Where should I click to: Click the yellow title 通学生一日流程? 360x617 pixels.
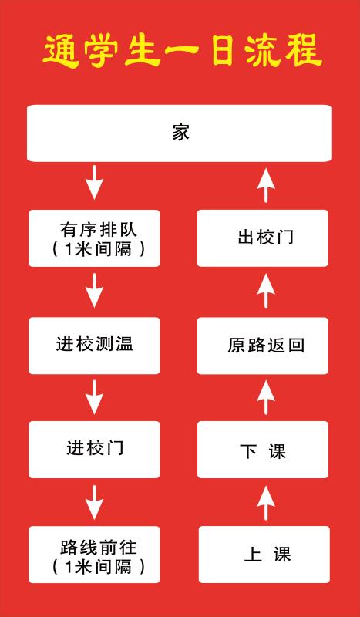tap(182, 51)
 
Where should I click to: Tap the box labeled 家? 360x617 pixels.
tap(180, 133)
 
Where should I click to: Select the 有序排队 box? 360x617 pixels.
tap(94, 238)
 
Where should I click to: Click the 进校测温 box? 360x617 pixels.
tap(94, 346)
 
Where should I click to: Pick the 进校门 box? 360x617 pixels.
tap(94, 450)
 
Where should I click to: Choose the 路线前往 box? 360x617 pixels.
tap(94, 555)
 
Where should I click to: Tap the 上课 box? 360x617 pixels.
tap(264, 555)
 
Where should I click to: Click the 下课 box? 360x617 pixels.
tap(263, 450)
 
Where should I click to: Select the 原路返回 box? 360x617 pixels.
tap(263, 346)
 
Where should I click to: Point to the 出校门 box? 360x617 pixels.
tap(263, 238)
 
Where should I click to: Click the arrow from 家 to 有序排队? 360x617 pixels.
tap(94, 182)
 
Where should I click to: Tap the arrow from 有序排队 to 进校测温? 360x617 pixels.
tap(94, 291)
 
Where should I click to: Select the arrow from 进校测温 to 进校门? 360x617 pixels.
tap(94, 397)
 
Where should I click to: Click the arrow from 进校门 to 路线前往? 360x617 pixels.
tap(94, 503)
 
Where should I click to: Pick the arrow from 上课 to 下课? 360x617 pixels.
tap(266, 503)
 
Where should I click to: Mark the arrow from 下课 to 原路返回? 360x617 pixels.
tap(266, 397)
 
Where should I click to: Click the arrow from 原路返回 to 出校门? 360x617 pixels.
tap(266, 291)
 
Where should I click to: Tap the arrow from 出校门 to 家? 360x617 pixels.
tap(266, 185)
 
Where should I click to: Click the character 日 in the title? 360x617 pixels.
tap(222, 52)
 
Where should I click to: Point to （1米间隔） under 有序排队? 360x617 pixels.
tap(98, 249)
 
